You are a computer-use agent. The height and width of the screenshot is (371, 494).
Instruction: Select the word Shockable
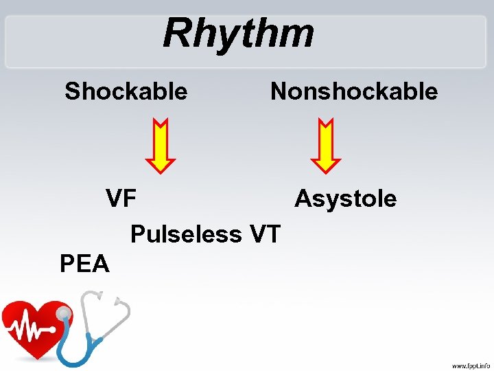pyautogui.click(x=126, y=91)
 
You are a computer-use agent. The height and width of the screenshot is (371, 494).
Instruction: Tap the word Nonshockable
pyautogui.click(x=354, y=91)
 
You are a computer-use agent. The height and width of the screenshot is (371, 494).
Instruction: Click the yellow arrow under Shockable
pyautogui.click(x=161, y=145)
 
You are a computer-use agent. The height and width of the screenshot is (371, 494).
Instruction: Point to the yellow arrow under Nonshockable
pyautogui.click(x=325, y=145)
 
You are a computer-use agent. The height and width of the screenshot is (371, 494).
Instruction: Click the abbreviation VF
pyautogui.click(x=121, y=199)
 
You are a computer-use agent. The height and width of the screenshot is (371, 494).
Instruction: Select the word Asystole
pyautogui.click(x=345, y=199)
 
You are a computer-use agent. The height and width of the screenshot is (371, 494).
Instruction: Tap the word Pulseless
pyautogui.click(x=185, y=234)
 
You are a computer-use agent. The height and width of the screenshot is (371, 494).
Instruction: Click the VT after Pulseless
pyautogui.click(x=265, y=234)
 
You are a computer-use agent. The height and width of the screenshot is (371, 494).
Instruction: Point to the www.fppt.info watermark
pyautogui.click(x=470, y=365)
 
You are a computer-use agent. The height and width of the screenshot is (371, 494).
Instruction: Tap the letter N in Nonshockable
pyautogui.click(x=279, y=91)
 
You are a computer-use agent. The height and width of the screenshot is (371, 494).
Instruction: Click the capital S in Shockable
pyautogui.click(x=72, y=91)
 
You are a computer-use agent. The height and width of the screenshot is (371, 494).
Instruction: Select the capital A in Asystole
pyautogui.click(x=303, y=199)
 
